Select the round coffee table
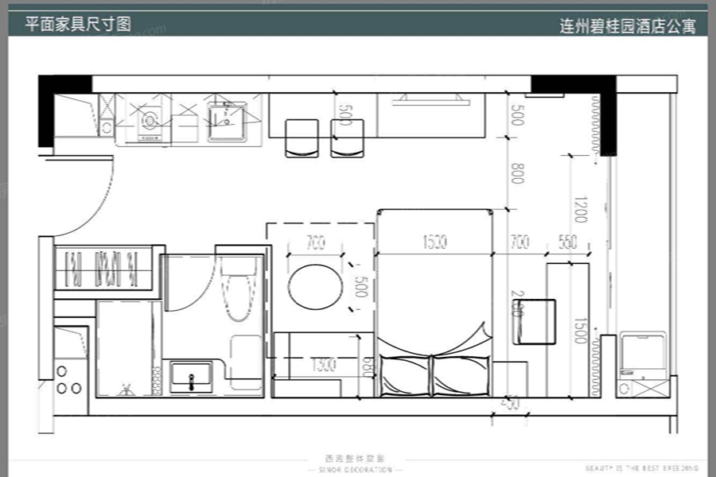click(x=314, y=288)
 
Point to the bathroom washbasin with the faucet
click(x=191, y=377)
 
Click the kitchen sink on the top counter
click(x=227, y=121)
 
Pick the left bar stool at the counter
click(x=301, y=138)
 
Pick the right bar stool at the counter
click(x=347, y=138)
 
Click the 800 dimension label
click(x=517, y=173)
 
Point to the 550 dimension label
click(x=568, y=244)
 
